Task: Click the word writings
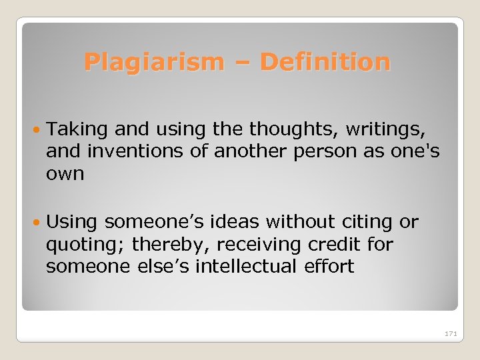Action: coord(393,128)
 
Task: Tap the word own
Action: coord(65,175)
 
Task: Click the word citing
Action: coord(375,222)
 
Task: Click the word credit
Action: coord(337,245)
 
